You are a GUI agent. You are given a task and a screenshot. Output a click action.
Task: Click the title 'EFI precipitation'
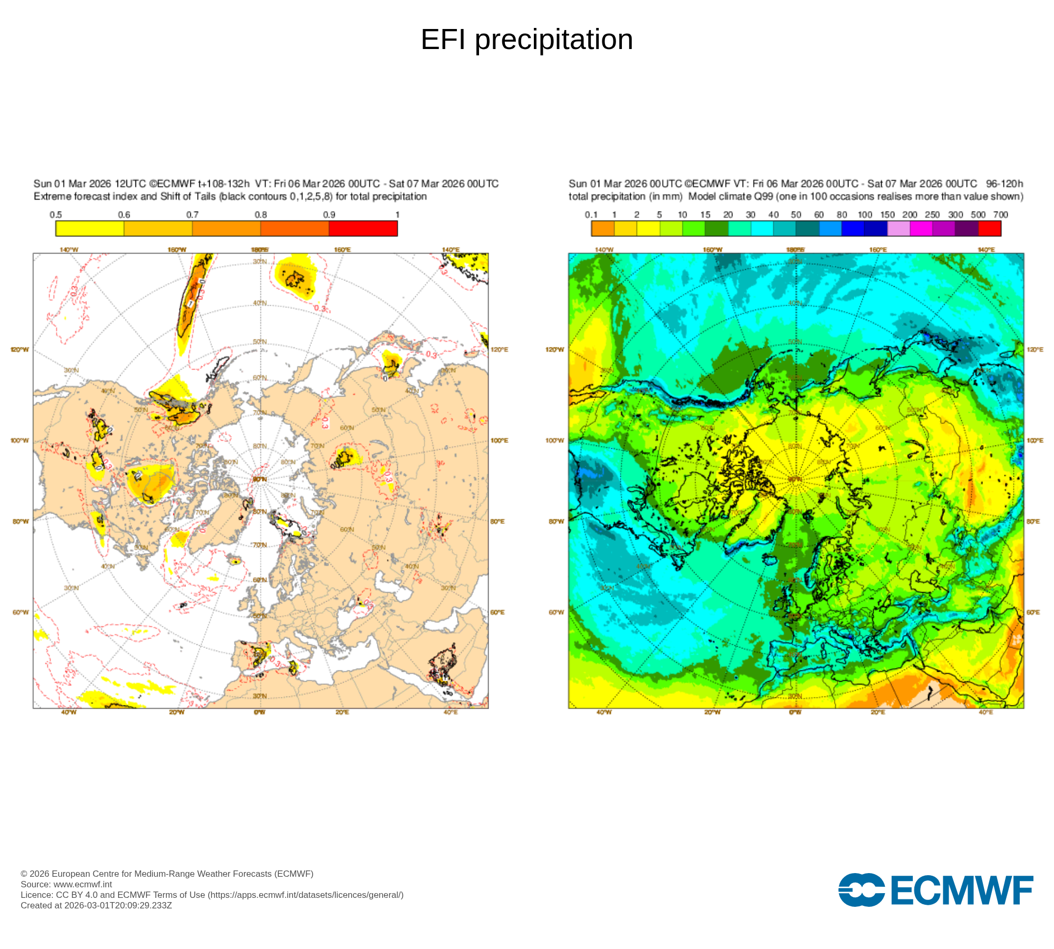click(526, 40)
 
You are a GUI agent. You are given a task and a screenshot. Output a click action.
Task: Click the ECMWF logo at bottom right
click(935, 890)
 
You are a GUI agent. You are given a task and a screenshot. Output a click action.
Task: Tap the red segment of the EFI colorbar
click(363, 228)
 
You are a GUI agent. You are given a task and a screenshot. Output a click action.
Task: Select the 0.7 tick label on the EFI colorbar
click(192, 215)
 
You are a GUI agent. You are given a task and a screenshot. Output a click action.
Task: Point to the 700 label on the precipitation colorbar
click(1000, 215)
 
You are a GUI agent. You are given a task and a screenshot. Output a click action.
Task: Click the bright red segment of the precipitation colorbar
click(990, 228)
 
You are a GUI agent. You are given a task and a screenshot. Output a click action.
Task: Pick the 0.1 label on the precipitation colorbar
click(591, 215)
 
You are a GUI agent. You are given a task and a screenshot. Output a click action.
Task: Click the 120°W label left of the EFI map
click(20, 350)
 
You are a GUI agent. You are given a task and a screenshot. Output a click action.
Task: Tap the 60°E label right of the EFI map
click(497, 612)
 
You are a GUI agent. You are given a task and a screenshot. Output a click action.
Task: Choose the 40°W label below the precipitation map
click(604, 712)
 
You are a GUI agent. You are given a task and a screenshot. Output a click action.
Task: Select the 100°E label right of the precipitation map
click(1035, 440)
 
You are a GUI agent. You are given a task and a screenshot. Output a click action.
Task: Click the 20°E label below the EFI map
click(342, 712)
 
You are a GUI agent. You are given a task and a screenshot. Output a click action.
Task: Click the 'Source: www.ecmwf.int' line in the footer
click(66, 884)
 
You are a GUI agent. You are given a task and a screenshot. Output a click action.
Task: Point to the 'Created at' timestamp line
click(96, 905)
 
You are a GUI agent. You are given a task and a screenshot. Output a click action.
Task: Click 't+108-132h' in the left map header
click(223, 183)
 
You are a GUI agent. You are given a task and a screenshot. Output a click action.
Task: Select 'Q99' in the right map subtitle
click(764, 196)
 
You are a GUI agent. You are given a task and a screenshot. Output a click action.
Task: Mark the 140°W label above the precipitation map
click(604, 249)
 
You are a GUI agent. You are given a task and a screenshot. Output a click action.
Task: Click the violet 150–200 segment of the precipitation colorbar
click(899, 228)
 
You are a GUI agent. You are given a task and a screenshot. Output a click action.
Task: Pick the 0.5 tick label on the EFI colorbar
click(56, 215)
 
